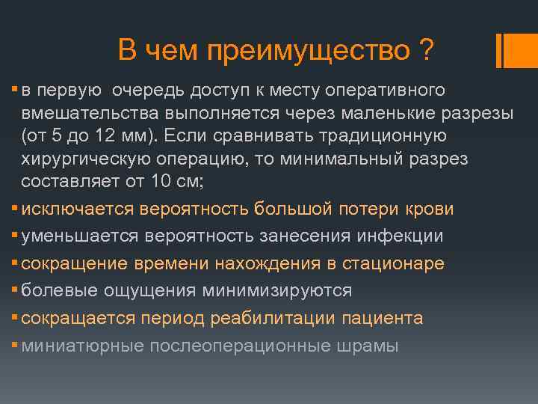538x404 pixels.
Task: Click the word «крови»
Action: pos(429,209)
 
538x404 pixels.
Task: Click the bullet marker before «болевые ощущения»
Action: pos(16,290)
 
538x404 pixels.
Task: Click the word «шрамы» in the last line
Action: pos(367,346)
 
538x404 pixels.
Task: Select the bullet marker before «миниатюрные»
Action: pos(16,345)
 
